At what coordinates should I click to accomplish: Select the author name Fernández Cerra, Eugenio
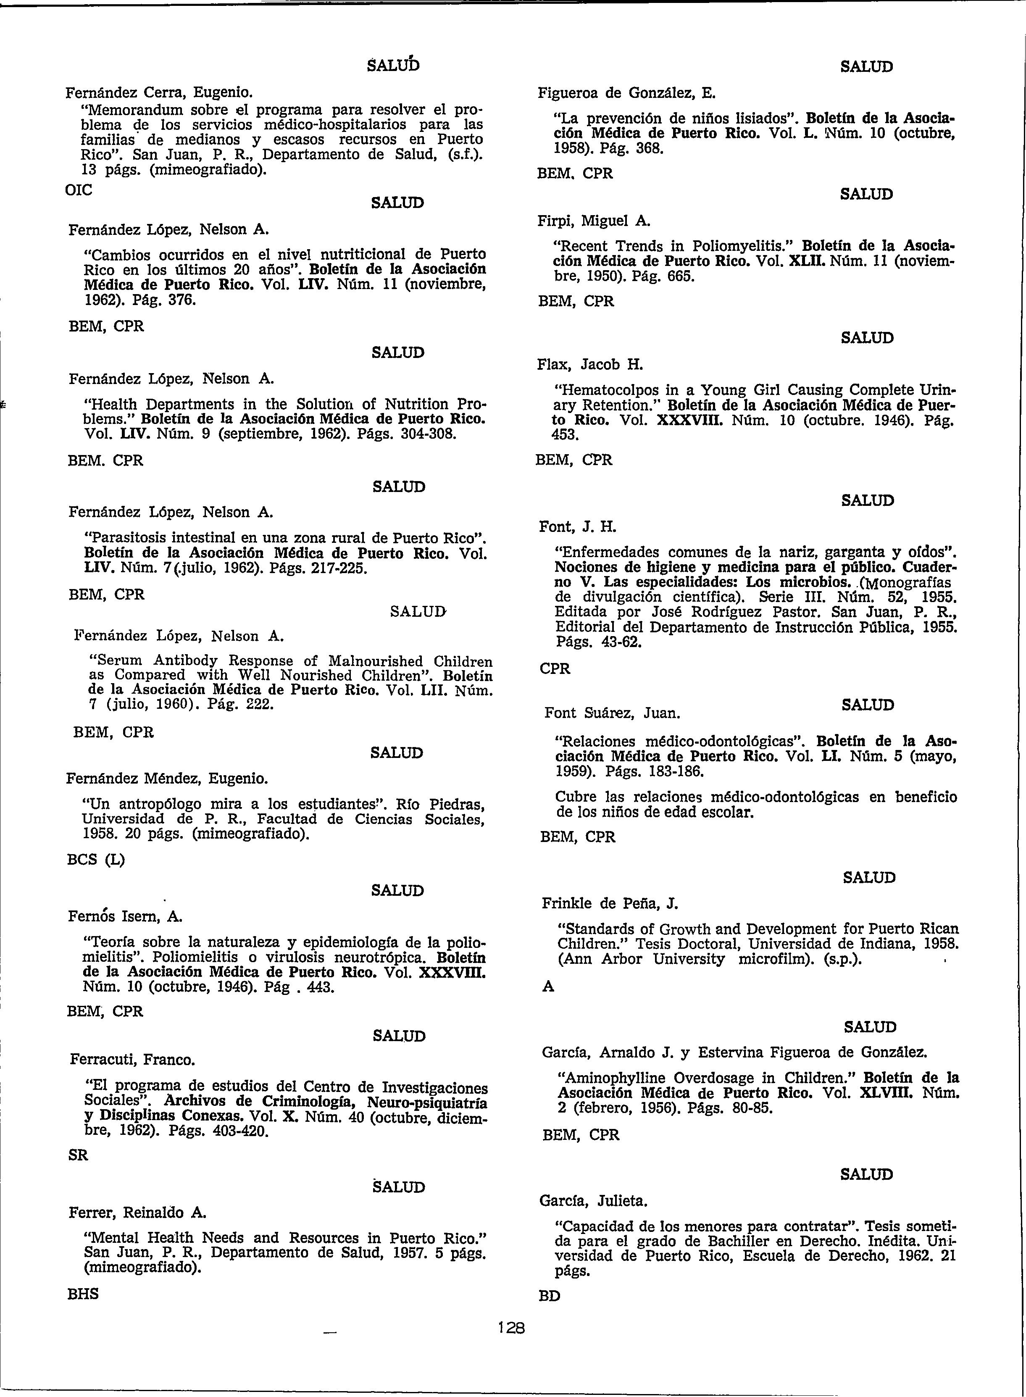pos(159,93)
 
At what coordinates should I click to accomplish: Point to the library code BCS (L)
pos(96,860)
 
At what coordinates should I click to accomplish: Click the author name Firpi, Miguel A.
pos(594,221)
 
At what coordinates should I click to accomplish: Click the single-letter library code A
pos(548,987)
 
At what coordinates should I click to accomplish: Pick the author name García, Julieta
pos(594,1202)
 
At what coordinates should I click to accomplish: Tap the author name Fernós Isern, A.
pos(124,916)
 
